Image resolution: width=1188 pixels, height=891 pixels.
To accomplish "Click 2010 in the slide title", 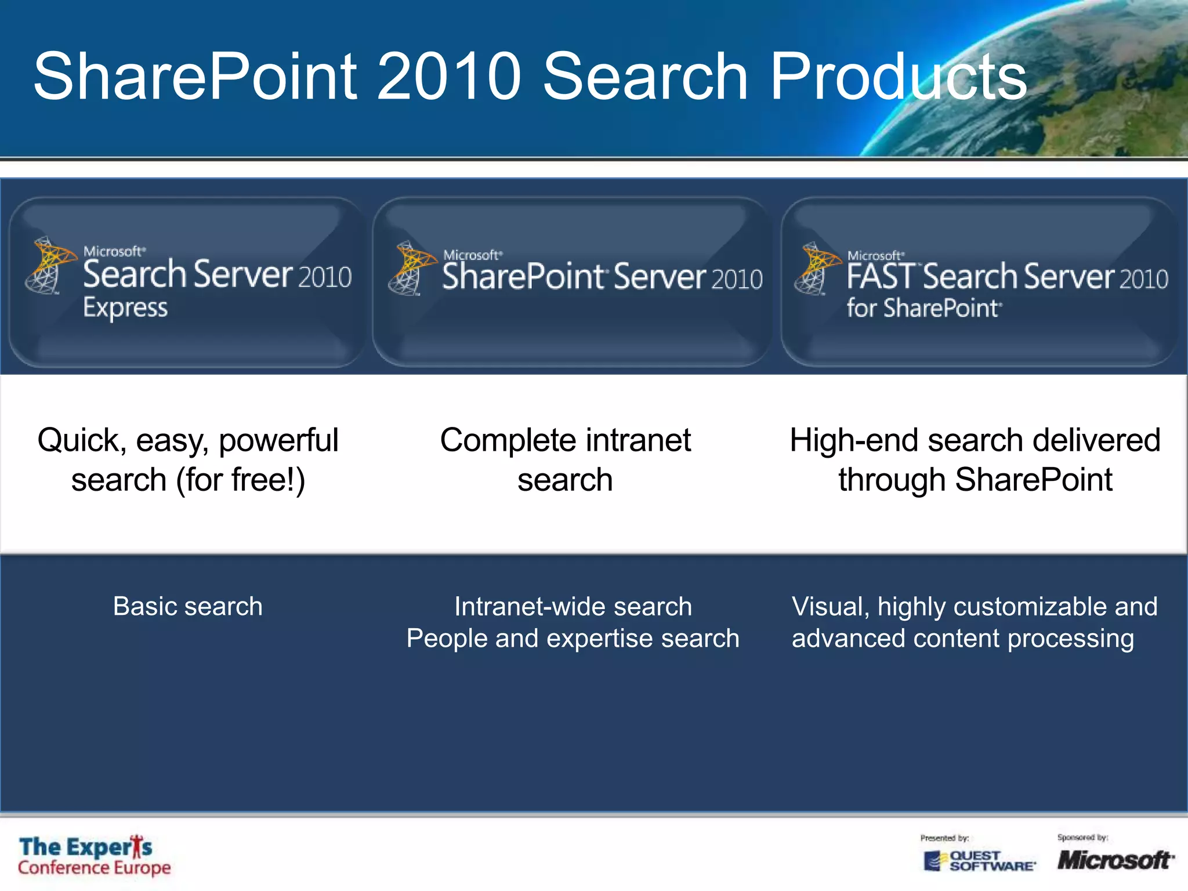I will click(449, 77).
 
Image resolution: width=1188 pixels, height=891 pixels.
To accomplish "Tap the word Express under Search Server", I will click(125, 307).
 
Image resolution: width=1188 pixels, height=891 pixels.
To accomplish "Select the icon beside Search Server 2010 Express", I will click(49, 265).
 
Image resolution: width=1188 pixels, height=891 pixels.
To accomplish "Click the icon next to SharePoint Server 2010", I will click(411, 268).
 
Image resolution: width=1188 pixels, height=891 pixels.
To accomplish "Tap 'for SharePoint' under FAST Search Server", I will click(923, 307).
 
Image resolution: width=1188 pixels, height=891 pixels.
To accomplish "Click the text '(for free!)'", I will click(240, 480).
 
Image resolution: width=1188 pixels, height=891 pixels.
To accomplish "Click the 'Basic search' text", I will click(187, 607).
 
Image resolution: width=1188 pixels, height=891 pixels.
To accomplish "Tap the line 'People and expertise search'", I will click(573, 639).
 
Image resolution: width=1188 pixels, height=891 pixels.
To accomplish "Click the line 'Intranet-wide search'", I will click(573, 607).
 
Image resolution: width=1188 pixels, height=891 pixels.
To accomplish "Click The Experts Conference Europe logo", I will click(94, 856).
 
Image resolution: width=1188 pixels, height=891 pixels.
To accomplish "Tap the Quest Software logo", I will click(979, 860).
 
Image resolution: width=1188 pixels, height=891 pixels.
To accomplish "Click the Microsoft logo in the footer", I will click(1114, 860).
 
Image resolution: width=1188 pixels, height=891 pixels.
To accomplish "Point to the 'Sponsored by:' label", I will click(1082, 838).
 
